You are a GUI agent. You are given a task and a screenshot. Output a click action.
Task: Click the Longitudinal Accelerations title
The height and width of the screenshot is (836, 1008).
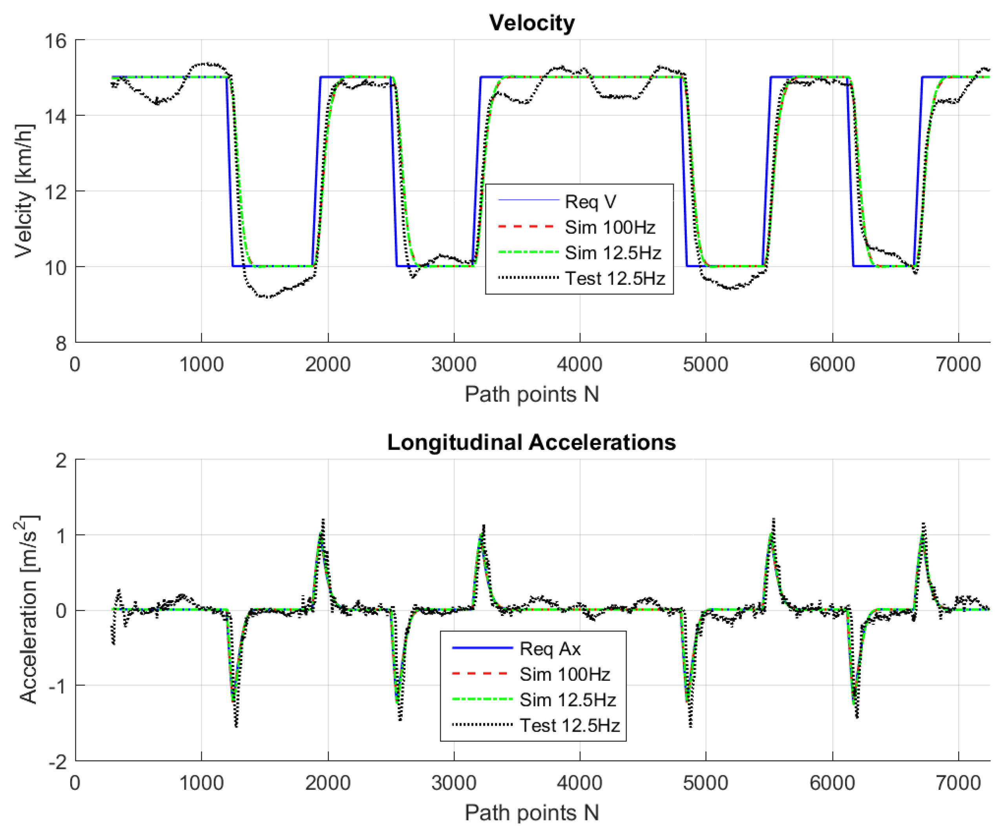[x=531, y=442]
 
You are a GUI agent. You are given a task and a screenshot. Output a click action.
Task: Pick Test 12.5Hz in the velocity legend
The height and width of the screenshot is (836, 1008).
[x=615, y=278]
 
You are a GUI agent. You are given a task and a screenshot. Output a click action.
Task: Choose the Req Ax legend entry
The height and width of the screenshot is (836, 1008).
[x=550, y=648]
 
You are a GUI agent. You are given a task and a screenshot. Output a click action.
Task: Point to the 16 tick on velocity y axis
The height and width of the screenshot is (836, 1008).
[x=56, y=41]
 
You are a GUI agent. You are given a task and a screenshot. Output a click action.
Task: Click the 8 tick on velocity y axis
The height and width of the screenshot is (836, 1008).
[x=61, y=343]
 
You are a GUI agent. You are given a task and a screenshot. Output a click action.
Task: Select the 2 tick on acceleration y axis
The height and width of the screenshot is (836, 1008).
[x=61, y=461]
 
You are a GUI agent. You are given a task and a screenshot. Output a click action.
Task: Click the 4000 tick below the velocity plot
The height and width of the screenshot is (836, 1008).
[x=579, y=364]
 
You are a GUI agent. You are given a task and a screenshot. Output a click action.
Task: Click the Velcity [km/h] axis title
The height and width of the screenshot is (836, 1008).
[x=24, y=191]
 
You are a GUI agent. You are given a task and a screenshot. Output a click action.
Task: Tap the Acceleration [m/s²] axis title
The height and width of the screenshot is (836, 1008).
[x=27, y=609]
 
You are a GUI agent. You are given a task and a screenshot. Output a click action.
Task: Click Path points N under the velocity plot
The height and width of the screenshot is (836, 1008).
[x=531, y=394]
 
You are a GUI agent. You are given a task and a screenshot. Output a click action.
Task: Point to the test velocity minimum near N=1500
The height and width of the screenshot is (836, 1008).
[x=267, y=297]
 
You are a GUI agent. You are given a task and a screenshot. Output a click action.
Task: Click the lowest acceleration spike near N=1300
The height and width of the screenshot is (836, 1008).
[x=236, y=726]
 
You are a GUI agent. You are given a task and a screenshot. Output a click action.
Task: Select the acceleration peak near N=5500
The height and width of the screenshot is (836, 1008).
[x=773, y=519]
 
